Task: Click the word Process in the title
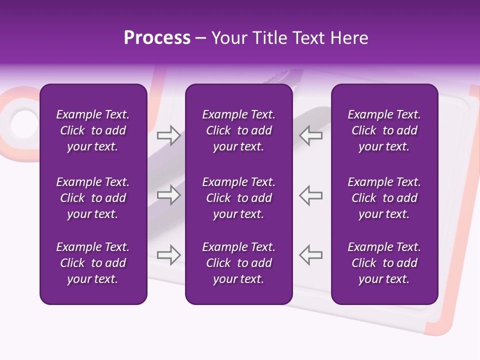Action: point(157,38)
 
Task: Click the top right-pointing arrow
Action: point(168,135)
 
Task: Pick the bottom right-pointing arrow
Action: point(168,255)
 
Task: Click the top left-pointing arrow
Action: point(310,135)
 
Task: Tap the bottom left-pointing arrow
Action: point(310,255)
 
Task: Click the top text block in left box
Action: point(93,130)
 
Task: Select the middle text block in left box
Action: point(93,198)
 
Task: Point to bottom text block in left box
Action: point(93,263)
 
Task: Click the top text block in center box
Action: point(238,130)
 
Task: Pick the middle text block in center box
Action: point(238,198)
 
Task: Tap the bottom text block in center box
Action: point(238,263)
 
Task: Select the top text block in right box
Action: point(384,130)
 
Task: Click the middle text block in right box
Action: point(384,198)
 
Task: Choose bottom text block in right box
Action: point(384,263)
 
